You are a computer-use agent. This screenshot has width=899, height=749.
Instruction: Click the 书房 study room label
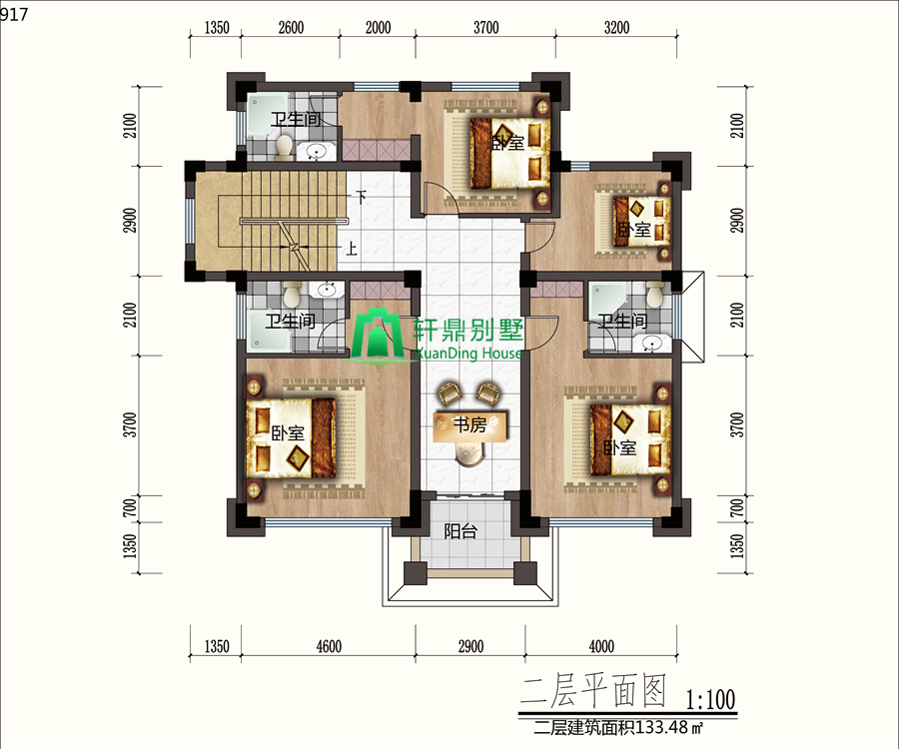(x=469, y=424)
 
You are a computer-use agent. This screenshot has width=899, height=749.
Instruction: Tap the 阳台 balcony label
(x=460, y=531)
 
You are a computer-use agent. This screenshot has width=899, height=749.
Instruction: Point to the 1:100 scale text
(x=710, y=699)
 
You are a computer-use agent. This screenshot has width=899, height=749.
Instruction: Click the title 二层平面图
(x=593, y=690)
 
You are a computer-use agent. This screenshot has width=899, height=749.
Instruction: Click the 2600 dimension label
(x=291, y=28)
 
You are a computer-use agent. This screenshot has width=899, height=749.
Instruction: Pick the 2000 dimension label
(x=378, y=28)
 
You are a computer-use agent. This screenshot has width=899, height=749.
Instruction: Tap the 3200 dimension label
(x=616, y=28)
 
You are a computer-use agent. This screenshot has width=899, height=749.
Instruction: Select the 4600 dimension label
(x=329, y=646)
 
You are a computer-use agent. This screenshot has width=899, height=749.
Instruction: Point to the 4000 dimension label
(x=601, y=646)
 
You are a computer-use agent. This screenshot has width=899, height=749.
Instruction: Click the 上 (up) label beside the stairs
(x=351, y=248)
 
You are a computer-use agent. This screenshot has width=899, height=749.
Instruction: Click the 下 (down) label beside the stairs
(x=360, y=197)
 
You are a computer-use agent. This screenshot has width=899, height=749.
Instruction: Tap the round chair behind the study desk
(x=470, y=454)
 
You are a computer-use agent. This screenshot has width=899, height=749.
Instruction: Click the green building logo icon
(x=378, y=336)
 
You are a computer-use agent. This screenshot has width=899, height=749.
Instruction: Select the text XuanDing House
(x=468, y=353)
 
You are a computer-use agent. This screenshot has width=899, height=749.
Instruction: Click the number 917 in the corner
(x=14, y=14)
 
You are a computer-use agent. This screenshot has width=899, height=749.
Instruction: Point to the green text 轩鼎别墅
(x=468, y=332)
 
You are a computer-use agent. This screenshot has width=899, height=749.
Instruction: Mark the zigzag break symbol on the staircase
(x=295, y=247)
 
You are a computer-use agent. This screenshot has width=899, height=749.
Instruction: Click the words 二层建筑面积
(x=583, y=727)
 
